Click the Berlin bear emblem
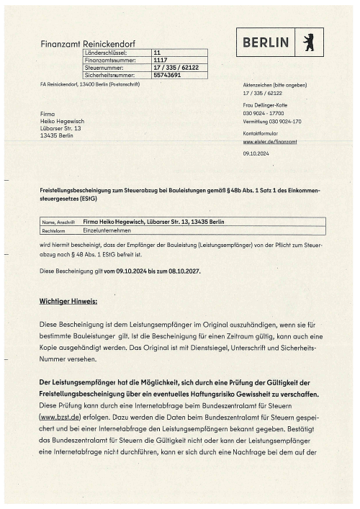[x=310, y=42]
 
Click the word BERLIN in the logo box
[x=266, y=42]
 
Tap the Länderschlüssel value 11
[x=157, y=53]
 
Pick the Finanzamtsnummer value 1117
[x=161, y=60]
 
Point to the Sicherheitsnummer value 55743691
[x=167, y=74]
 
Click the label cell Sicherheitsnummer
[x=109, y=74]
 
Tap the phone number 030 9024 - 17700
[x=264, y=114]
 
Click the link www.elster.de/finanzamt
[x=270, y=142]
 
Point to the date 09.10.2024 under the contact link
[x=256, y=153]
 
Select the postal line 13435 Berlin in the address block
[x=58, y=135]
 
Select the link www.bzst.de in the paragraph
[x=59, y=416]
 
